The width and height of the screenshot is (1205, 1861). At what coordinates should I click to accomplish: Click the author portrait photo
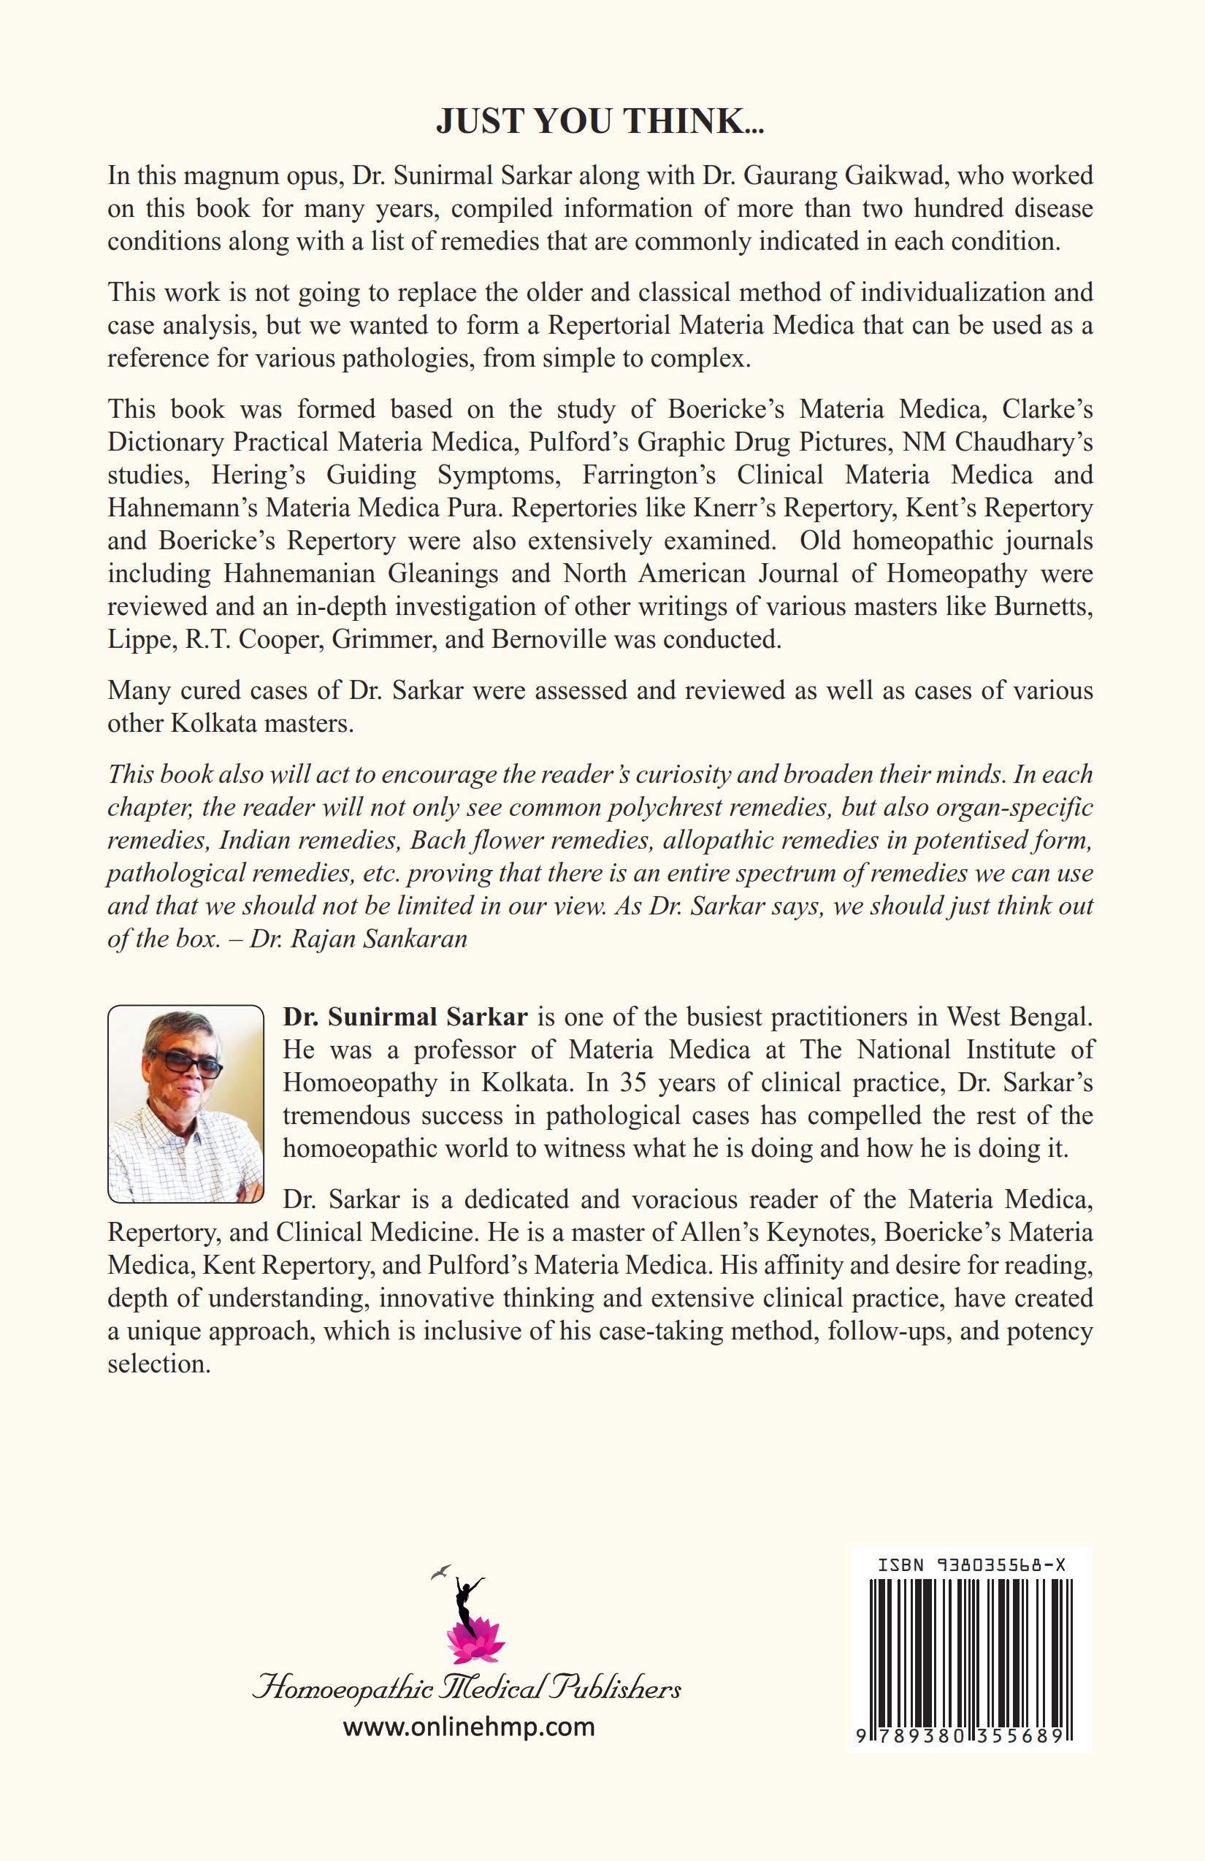[x=185, y=1103]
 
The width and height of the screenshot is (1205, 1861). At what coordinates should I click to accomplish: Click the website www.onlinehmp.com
[x=468, y=1727]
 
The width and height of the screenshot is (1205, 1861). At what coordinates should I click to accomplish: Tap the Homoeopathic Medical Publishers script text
[x=466, y=1689]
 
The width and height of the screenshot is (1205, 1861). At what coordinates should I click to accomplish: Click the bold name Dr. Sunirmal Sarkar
[x=405, y=1017]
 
